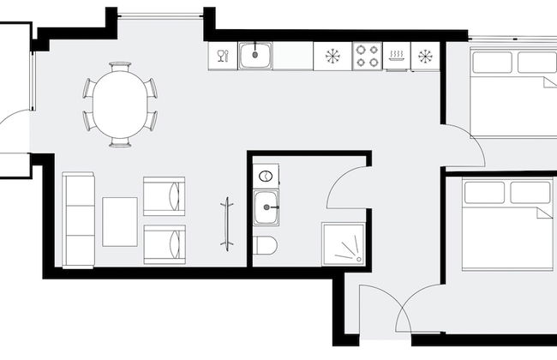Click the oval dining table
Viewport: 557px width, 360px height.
coord(119,103)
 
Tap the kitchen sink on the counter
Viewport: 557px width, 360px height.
coord(255,57)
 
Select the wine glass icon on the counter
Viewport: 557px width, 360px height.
coord(222,57)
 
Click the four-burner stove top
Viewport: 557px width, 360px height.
coord(368,57)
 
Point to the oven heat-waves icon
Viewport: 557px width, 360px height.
coord(396,57)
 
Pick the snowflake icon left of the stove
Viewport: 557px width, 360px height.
coord(332,57)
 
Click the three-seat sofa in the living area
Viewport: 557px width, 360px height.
coord(78,220)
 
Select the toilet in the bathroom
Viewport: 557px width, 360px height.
coord(266,245)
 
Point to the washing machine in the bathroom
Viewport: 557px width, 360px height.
coord(266,177)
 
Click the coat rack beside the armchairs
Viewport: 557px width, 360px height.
coord(226,224)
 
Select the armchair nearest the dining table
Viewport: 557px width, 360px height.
coord(164,195)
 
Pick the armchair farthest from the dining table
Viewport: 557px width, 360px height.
coord(164,243)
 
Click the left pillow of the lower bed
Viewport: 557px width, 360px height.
coord(484,192)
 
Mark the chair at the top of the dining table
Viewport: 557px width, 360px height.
coord(120,67)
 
